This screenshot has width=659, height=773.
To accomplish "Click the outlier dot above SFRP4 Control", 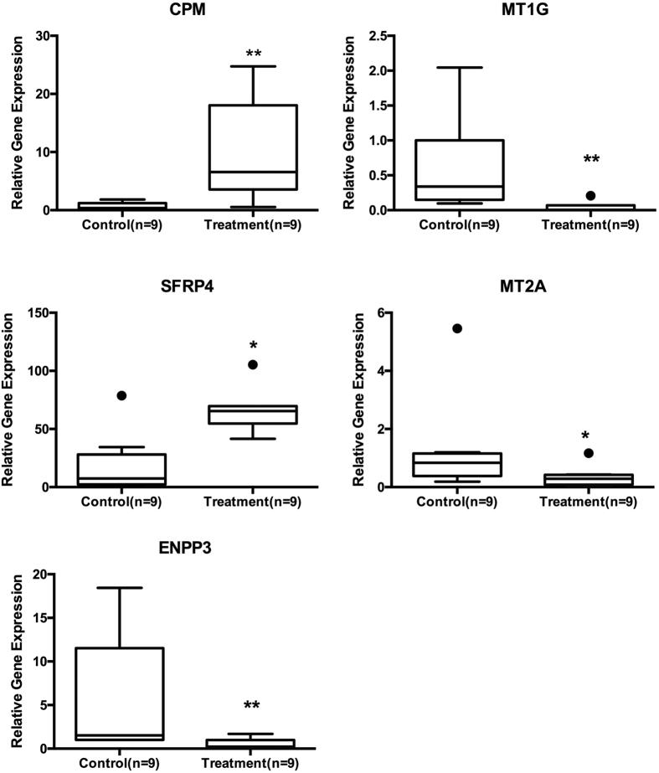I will (122, 395).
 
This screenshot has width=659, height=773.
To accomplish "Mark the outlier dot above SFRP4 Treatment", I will (253, 364).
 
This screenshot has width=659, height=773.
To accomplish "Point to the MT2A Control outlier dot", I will (457, 328).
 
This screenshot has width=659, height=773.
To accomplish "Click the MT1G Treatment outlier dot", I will (590, 195).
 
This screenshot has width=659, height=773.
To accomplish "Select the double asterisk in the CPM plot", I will (254, 55).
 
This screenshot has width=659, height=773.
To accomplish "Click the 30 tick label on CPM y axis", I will (39, 35).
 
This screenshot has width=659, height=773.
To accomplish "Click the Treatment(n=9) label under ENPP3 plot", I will (253, 762).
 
